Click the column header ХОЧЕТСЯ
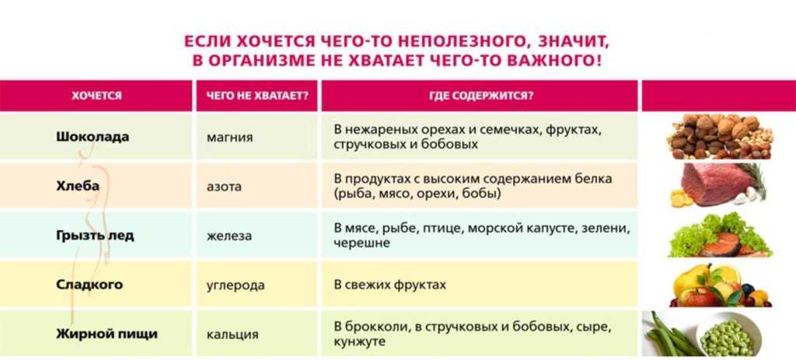pos(96,96)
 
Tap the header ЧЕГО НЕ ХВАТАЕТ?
pos(257,96)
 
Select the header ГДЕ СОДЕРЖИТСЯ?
pos(480,96)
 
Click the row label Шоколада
pos(93,137)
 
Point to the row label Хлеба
pos(78,187)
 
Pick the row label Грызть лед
pos(95,236)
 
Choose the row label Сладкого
pos(89,285)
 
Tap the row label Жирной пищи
pos(106,334)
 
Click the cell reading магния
pos(229,138)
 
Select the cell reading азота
pos(224,187)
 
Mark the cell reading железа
pos(229,236)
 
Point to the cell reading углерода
pos(236,285)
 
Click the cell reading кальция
pos(232,335)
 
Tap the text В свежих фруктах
pos(390,285)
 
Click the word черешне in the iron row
pos(362,243)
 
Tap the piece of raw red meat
pos(714,183)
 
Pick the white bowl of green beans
pos(728,334)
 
